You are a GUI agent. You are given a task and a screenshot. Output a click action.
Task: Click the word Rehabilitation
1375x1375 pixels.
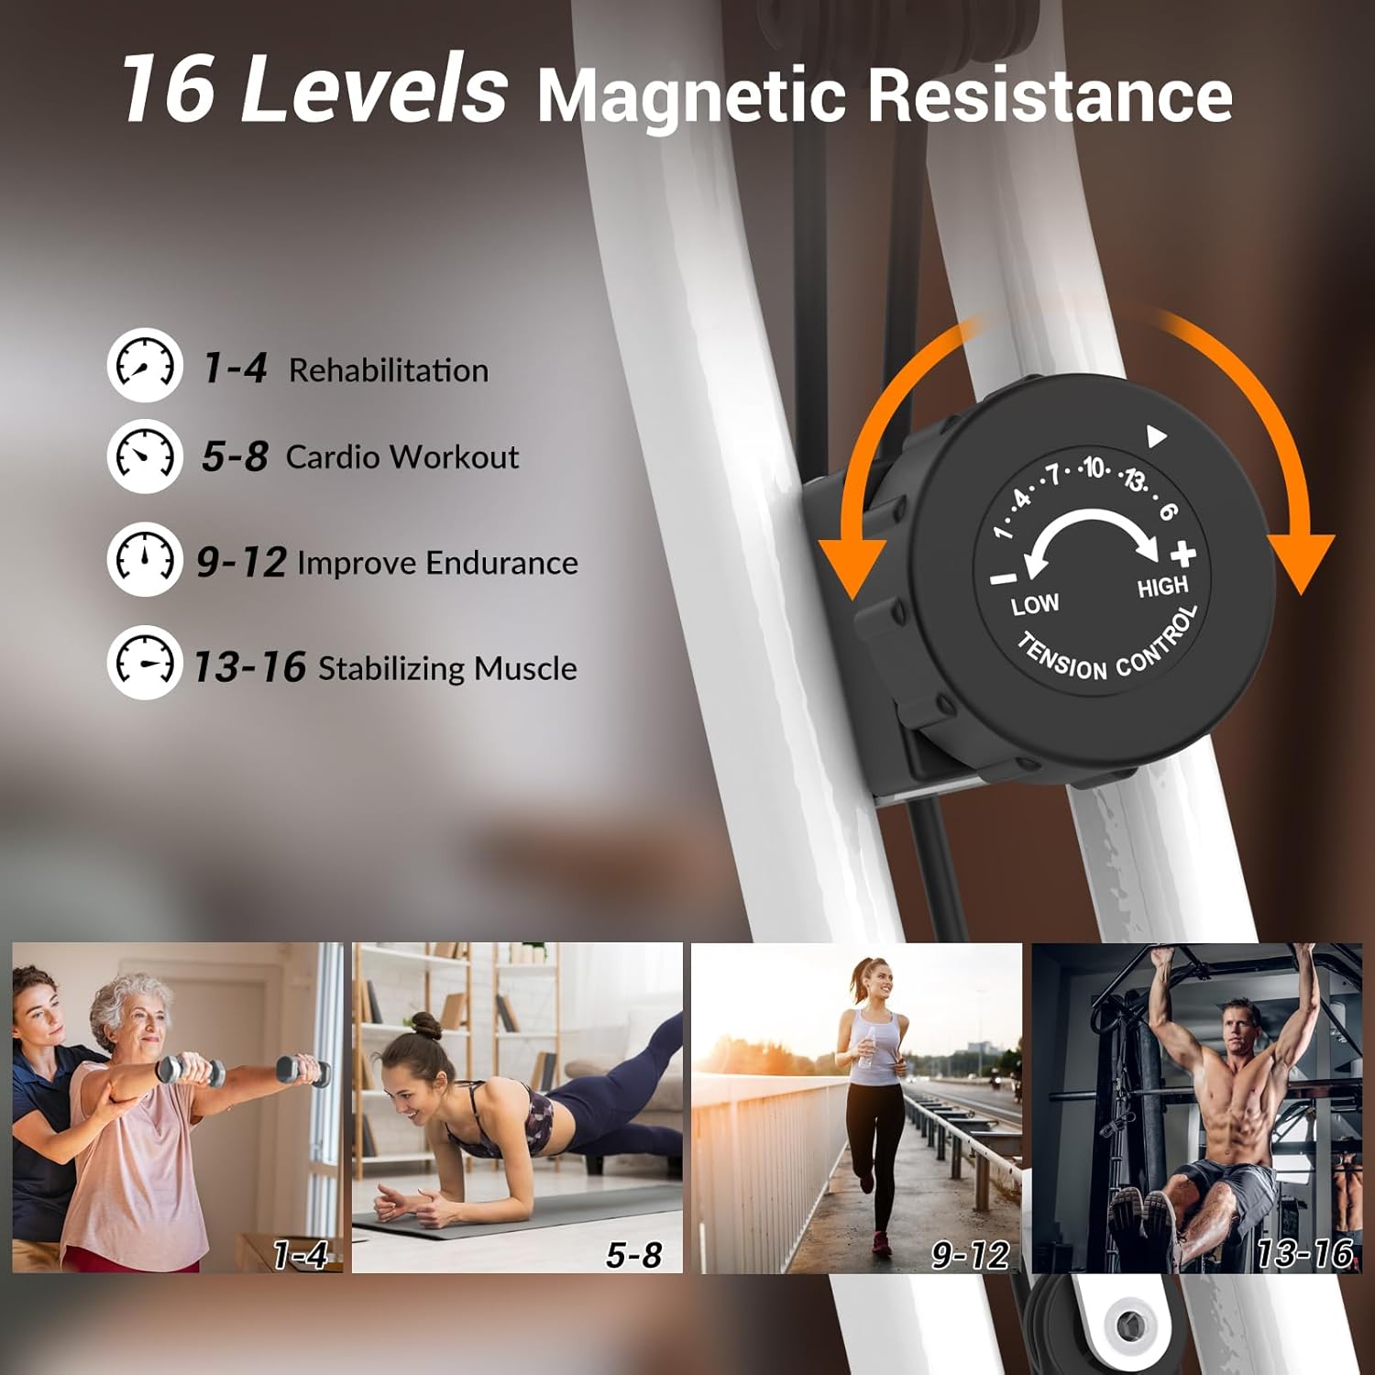coord(389,370)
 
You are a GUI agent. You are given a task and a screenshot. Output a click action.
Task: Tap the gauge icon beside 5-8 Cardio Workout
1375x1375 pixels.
coord(145,456)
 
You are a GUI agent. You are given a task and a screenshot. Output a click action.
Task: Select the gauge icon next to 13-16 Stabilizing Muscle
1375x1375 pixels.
coord(145,663)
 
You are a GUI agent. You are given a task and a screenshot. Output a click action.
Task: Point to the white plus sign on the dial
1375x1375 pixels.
coord(1183,554)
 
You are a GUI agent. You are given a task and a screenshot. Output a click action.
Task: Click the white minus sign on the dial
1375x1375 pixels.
coord(1004,578)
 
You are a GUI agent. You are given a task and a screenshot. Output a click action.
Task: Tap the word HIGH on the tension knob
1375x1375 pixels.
coord(1162,587)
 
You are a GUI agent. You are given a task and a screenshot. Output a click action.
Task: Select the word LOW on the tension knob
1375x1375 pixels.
coord(1035,605)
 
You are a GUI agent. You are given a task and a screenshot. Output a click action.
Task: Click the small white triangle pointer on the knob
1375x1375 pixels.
coord(1157,436)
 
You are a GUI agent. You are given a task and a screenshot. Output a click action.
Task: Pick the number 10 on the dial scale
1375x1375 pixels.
coord(1094,468)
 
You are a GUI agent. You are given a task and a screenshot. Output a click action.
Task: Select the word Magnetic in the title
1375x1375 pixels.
coord(689,95)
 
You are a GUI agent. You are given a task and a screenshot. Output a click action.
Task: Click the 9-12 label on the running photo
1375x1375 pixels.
coord(970,1255)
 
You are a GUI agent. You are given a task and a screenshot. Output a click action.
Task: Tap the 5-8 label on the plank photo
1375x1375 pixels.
coord(633,1255)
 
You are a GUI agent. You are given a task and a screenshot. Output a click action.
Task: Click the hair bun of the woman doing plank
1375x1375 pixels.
coord(425,1026)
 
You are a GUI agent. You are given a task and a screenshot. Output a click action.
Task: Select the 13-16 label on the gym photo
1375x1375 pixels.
coord(1304,1253)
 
